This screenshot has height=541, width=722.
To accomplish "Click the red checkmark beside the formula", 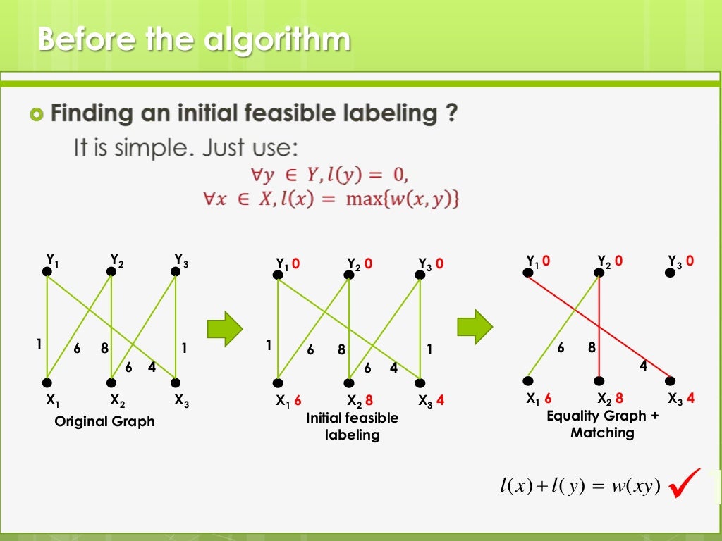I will (x=684, y=484).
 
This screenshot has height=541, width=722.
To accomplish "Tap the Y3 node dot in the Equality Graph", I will (x=671, y=272).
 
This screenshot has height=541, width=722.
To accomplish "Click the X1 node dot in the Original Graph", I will (x=47, y=383).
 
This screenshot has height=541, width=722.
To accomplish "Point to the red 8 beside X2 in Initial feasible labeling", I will (x=369, y=401).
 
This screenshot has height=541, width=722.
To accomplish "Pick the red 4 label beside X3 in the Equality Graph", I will (x=690, y=398).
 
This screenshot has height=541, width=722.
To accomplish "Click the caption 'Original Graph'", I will (x=104, y=421).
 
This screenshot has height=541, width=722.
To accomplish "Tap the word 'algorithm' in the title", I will (x=277, y=39).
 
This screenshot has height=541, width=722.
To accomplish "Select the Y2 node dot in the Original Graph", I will (x=111, y=271).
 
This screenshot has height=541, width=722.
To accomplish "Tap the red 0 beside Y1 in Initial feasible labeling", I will (x=296, y=264).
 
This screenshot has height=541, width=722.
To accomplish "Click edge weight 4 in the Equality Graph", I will (x=643, y=366).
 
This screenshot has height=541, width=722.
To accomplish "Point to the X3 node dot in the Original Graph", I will (x=176, y=383).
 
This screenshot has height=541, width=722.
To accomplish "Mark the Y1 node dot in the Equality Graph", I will (x=529, y=272).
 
